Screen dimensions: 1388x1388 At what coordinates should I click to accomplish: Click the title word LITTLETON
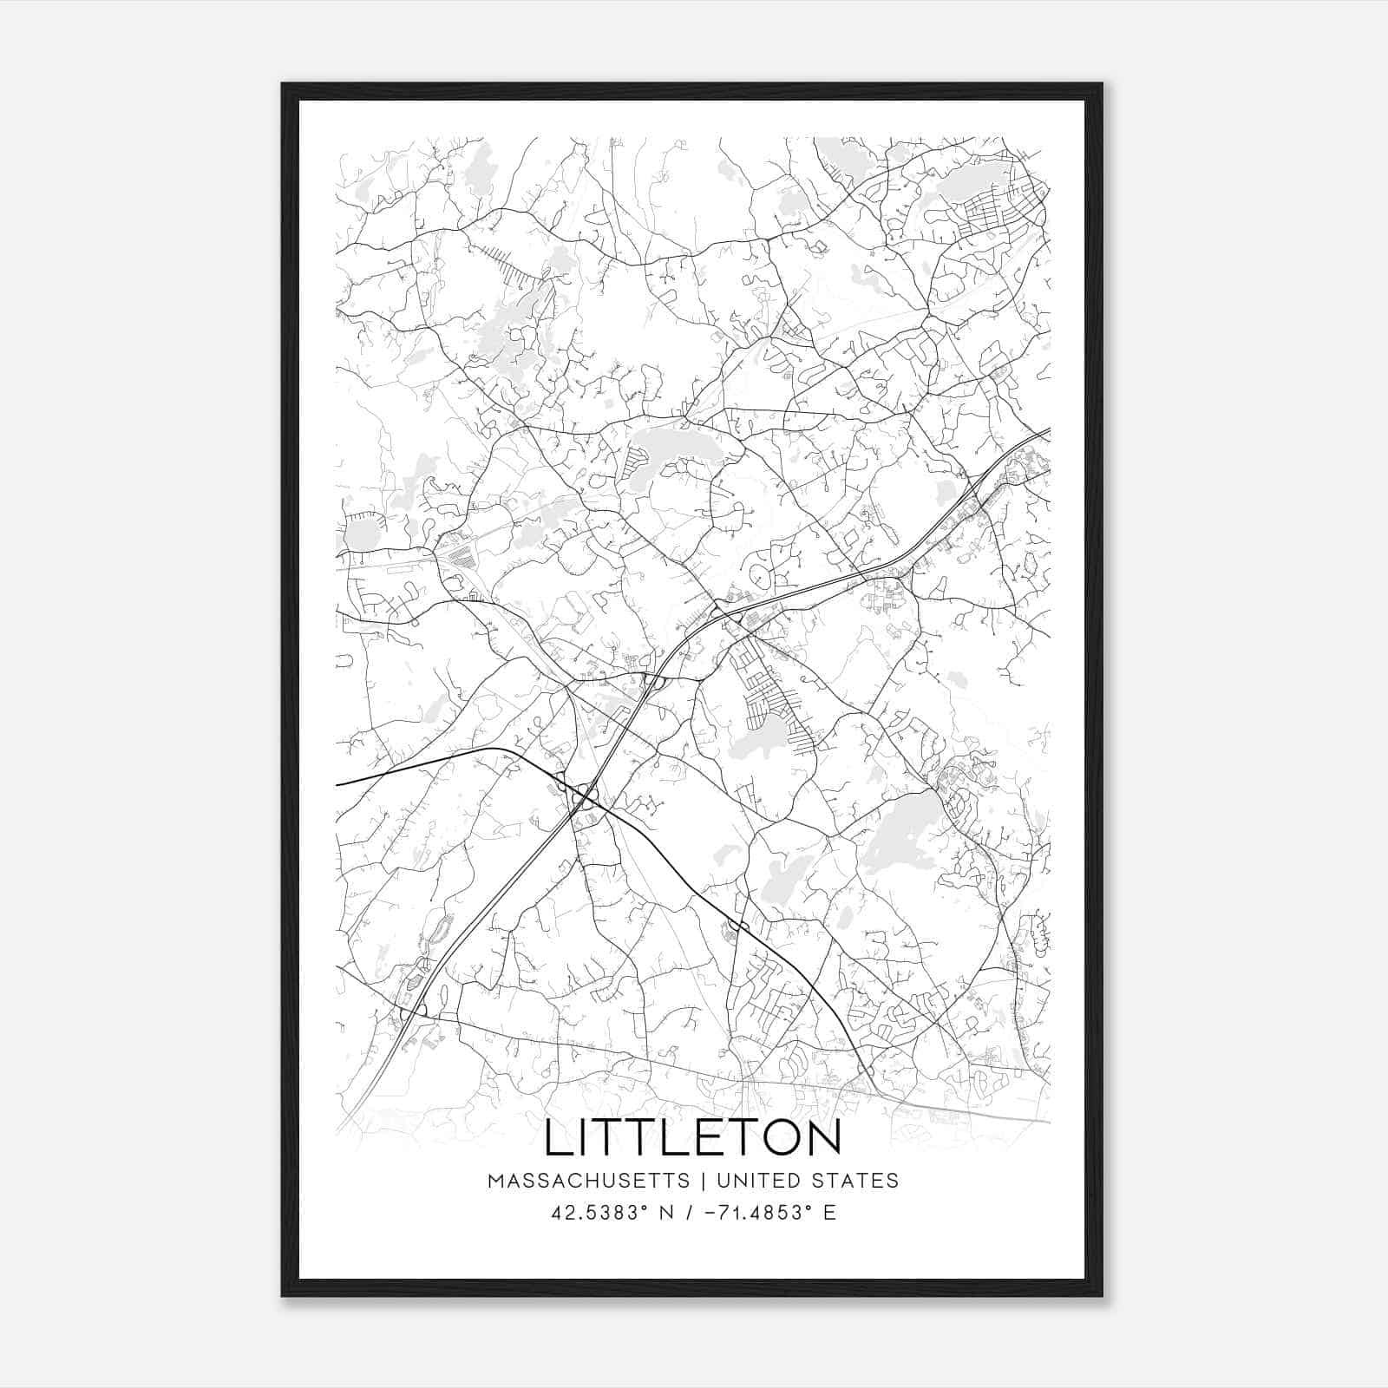click(x=692, y=1138)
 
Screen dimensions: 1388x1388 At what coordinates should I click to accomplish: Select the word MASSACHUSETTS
click(x=588, y=1181)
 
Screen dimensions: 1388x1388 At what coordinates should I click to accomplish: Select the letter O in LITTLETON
click(x=777, y=1138)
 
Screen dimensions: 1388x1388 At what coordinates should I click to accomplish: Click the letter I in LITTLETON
click(x=589, y=1138)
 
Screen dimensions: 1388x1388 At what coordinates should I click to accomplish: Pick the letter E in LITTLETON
click(x=702, y=1138)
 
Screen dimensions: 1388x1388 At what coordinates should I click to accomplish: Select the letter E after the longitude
click(x=830, y=1213)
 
